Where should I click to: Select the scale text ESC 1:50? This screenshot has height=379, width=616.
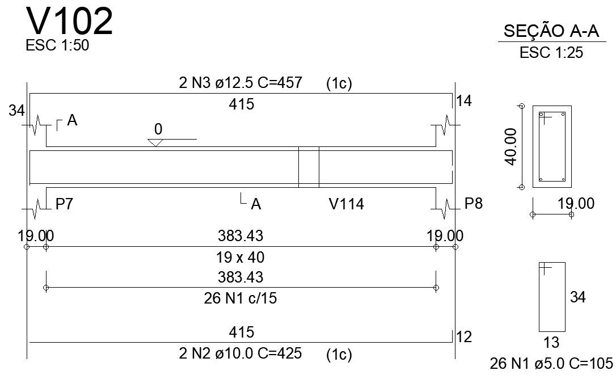pyautogui.click(x=57, y=46)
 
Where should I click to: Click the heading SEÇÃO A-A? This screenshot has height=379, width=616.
pyautogui.click(x=551, y=32)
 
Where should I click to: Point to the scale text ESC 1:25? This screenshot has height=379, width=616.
pyautogui.click(x=551, y=53)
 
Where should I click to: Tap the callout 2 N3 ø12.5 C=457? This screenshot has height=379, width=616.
pyautogui.click(x=240, y=83)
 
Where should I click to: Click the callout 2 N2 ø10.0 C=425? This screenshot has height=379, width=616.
pyautogui.click(x=240, y=354)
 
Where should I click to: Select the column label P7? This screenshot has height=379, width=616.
pyautogui.click(x=64, y=204)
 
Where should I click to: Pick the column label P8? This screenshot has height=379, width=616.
pyautogui.click(x=473, y=204)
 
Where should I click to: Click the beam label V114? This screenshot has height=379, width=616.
pyautogui.click(x=346, y=204)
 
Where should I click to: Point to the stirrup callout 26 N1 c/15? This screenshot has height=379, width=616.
pyautogui.click(x=240, y=298)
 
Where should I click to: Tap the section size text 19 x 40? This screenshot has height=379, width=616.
pyautogui.click(x=240, y=258)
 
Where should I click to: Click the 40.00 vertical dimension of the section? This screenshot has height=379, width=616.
pyautogui.click(x=512, y=146)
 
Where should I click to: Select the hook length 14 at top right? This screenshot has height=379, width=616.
pyautogui.click(x=464, y=102)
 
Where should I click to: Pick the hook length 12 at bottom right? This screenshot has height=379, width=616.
pyautogui.click(x=464, y=338)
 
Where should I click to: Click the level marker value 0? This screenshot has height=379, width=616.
pyautogui.click(x=158, y=130)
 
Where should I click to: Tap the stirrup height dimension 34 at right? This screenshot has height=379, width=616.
pyautogui.click(x=577, y=297)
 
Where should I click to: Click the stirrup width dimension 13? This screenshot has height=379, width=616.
pyautogui.click(x=551, y=343)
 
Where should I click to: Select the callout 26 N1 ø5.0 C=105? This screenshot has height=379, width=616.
pyautogui.click(x=551, y=364)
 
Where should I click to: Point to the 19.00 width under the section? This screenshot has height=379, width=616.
pyautogui.click(x=576, y=204)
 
